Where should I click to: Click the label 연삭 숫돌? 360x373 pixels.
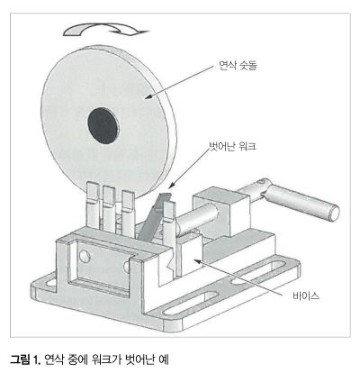[238, 65]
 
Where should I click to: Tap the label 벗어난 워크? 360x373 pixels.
[232, 146]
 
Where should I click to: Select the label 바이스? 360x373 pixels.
[306, 296]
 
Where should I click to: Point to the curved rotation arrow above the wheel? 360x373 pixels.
[105, 30]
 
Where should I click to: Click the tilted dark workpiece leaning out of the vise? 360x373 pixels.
[154, 217]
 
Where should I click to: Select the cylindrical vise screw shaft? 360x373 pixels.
[196, 218]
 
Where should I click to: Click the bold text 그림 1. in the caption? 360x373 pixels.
[25, 359]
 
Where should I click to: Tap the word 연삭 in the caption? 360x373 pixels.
[53, 359]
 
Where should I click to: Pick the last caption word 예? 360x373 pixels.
[164, 359]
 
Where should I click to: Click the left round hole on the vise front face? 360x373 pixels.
[85, 256]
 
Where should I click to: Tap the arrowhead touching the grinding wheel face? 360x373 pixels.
[149, 96]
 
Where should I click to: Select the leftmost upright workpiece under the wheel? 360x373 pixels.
[93, 205]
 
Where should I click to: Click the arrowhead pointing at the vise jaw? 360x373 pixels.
[197, 262]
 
